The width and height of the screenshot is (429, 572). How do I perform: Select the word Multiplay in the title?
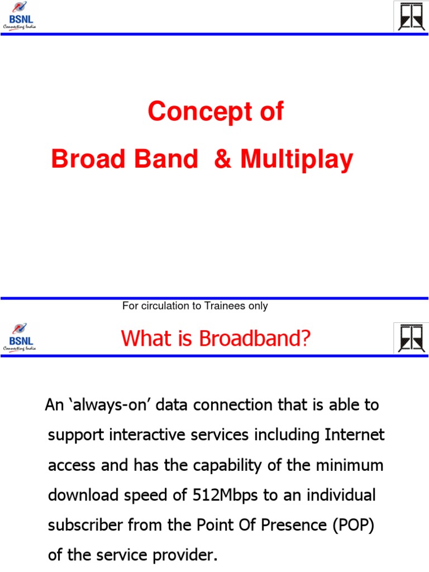pyautogui.click(x=297, y=160)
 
